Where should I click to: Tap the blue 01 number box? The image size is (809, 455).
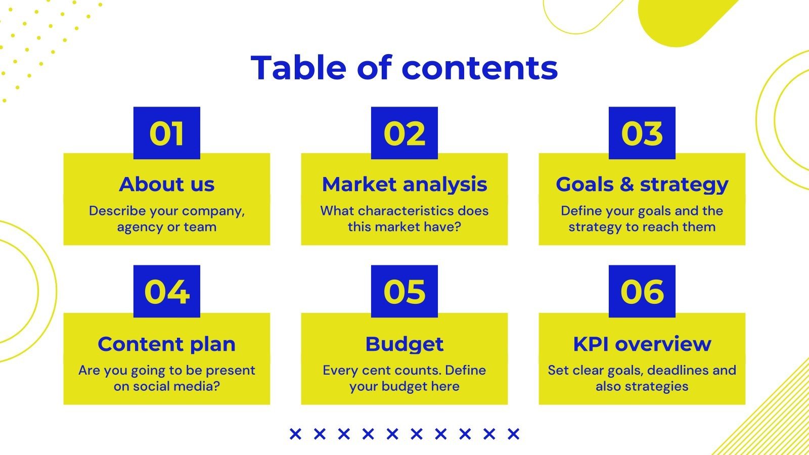[x=167, y=133]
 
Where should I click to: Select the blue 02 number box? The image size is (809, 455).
[x=404, y=133]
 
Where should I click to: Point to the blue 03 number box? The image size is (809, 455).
[x=642, y=133]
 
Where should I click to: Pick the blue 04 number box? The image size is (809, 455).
[x=167, y=291]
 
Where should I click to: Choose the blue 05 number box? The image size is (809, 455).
[x=404, y=291]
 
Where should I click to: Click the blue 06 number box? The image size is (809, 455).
[x=642, y=291]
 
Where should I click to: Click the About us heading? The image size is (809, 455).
[x=167, y=185]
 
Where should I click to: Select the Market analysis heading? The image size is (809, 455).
[x=404, y=185]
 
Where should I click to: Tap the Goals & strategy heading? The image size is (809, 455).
[x=642, y=185]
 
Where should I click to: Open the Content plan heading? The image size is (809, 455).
[x=167, y=344]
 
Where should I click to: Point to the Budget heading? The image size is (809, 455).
[x=404, y=344]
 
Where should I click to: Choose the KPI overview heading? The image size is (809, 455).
[x=642, y=344]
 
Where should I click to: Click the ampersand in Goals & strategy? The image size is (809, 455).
[x=626, y=185]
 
